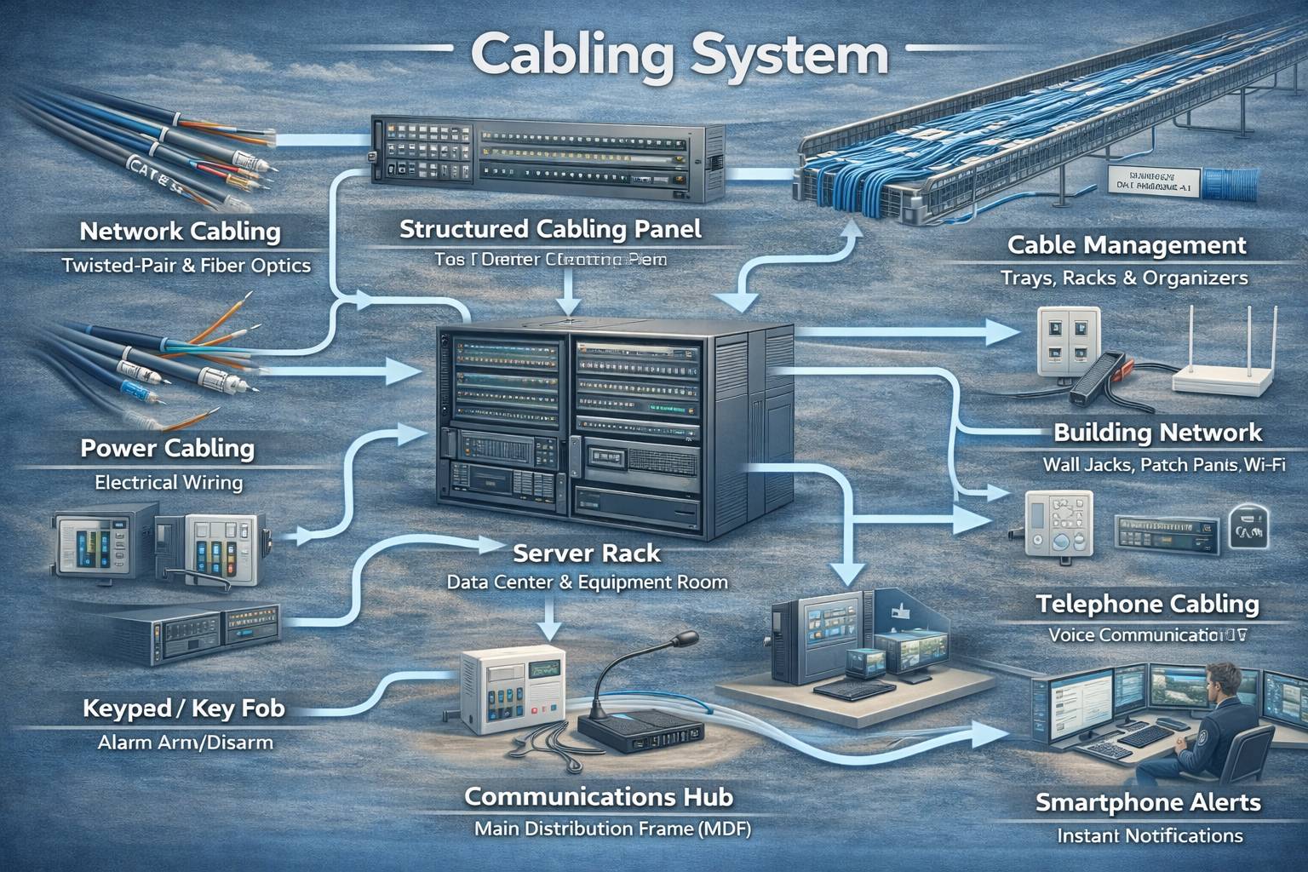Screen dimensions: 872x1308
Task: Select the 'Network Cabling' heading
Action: pos(180,231)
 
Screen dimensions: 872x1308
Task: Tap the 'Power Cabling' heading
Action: pos(168,449)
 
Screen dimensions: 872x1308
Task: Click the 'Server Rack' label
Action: pos(587,554)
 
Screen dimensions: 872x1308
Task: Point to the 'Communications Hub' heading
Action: pos(599,797)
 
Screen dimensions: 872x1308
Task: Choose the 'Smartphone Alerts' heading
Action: pos(1148,802)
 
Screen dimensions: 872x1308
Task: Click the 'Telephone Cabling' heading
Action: pos(1147,605)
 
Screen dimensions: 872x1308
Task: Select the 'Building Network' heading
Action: pos(1157,433)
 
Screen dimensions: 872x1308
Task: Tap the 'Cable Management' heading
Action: pos(1127,246)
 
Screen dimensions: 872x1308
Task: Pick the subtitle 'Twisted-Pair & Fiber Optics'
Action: pos(186,265)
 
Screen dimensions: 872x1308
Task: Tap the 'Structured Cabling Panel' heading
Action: pos(550,229)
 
